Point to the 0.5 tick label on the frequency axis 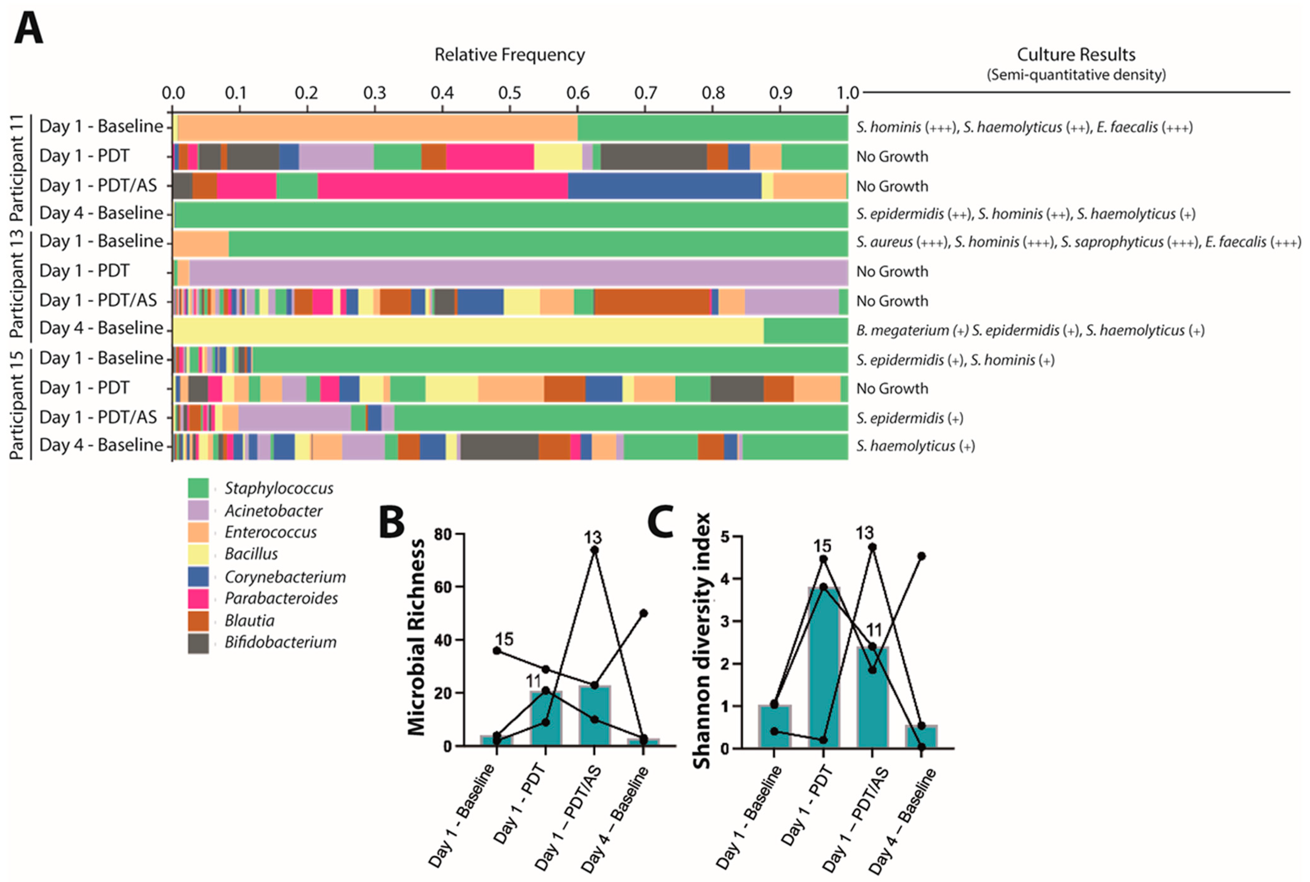click(510, 92)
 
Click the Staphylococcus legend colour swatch click(198, 488)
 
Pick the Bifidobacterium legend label click(280, 642)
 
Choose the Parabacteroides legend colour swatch click(198, 598)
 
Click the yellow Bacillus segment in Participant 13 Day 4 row click(467, 330)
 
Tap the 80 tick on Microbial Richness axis click(444, 533)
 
